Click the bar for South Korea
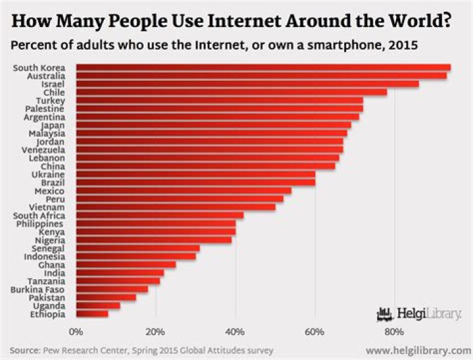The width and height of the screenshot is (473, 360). (263, 67)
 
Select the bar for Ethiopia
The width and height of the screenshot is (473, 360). (92, 315)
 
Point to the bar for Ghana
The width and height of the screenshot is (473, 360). (125, 265)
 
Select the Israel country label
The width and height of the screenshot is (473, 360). (53, 84)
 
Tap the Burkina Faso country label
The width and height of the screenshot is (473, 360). (37, 289)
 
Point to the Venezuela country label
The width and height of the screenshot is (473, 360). (43, 150)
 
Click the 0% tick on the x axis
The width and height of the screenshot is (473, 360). (76, 331)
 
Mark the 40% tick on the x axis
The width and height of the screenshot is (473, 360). (235, 331)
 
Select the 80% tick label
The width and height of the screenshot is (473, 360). (394, 331)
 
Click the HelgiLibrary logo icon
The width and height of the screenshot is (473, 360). (384, 313)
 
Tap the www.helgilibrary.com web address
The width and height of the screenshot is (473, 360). (418, 350)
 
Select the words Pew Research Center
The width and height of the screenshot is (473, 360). (77, 350)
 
